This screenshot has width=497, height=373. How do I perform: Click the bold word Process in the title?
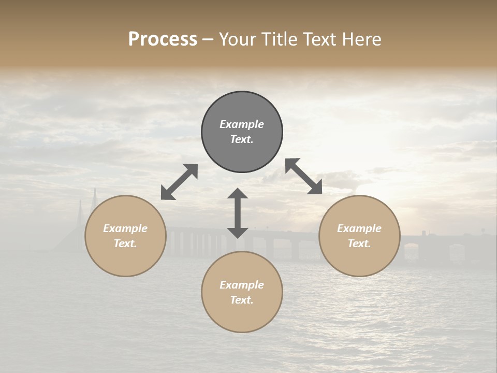[163, 39]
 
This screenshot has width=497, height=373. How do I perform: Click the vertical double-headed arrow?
[238, 213]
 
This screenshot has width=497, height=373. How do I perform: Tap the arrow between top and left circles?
[179, 182]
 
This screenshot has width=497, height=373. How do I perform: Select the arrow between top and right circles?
[304, 176]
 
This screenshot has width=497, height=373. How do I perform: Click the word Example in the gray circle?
[242, 124]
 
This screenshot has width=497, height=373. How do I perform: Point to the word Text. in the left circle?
[125, 243]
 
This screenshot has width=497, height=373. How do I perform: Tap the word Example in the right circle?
[359, 228]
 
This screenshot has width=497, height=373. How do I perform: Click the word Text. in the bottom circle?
[242, 300]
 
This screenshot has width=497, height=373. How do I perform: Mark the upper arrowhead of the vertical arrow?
[238, 194]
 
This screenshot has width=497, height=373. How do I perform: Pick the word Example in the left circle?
[125, 228]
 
